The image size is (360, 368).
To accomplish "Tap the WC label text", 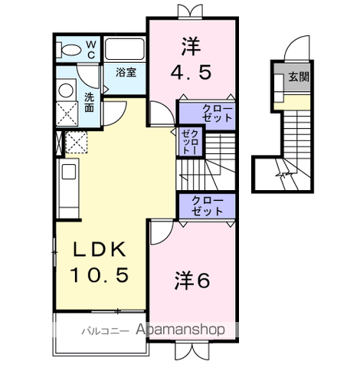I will click(x=90, y=50).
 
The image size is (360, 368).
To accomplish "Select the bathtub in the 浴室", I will click(x=125, y=50).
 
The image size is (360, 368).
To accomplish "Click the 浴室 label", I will click(x=126, y=73).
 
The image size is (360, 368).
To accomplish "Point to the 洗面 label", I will click(x=89, y=103).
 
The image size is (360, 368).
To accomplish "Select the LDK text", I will click(x=99, y=250).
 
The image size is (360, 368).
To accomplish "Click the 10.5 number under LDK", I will click(x=99, y=274).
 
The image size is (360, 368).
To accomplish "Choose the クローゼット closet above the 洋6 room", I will click(x=207, y=206).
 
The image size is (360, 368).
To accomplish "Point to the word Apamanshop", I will click(x=180, y=330).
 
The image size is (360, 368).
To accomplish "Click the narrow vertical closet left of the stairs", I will click(x=189, y=143).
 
